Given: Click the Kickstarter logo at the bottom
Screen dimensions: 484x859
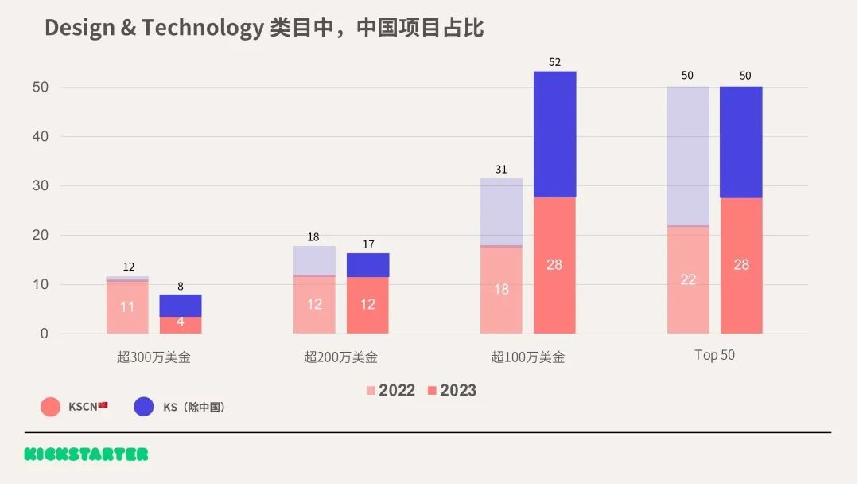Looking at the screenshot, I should point(86,455).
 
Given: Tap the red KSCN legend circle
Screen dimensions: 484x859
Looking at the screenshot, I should point(51,407).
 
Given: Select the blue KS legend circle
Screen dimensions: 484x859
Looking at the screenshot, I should point(144,407).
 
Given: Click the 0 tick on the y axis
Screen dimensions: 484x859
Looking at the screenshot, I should point(44,334).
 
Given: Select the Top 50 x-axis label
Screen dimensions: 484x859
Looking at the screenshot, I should point(714,356).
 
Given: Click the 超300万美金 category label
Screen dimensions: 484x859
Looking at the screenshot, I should point(154,357).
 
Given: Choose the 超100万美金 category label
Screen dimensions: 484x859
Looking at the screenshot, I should point(527,357).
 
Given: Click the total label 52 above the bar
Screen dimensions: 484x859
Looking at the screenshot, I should point(554,62).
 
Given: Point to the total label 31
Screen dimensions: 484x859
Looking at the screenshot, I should point(501,169).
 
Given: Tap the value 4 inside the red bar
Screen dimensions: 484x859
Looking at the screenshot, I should point(181,322).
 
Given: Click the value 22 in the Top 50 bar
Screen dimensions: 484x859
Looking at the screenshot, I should point(688,279).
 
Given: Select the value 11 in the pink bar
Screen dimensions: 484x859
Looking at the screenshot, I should point(127,306).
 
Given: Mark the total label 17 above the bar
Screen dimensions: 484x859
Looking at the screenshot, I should point(367,244).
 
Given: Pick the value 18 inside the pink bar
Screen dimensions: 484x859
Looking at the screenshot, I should point(501,289).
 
